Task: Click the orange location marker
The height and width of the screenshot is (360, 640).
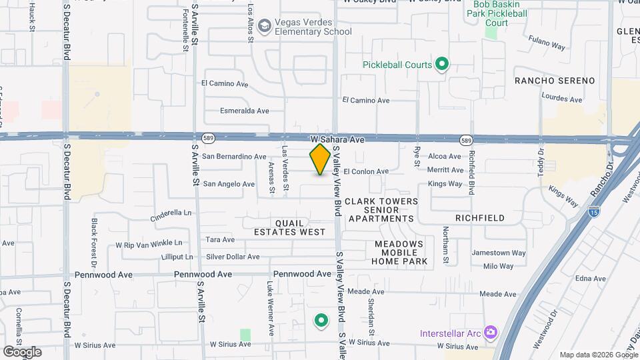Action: (x=320, y=159)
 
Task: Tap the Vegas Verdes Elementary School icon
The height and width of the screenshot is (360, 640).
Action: (x=264, y=25)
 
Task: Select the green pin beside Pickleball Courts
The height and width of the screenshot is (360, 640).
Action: (x=441, y=65)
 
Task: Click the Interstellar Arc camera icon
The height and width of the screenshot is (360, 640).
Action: (x=491, y=331)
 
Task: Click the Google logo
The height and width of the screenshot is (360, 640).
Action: (x=22, y=351)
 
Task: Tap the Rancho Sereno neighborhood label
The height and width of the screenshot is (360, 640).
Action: (x=555, y=81)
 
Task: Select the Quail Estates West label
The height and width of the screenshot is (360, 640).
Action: (x=289, y=227)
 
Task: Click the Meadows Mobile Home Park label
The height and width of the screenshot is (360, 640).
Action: (x=399, y=253)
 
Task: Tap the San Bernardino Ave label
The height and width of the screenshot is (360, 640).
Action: (x=235, y=157)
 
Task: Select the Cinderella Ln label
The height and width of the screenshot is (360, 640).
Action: (x=171, y=215)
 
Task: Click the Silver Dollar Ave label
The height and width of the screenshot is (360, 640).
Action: (x=233, y=257)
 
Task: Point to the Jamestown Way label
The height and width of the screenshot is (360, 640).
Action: (x=499, y=253)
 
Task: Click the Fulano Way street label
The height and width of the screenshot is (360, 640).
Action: (x=547, y=47)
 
